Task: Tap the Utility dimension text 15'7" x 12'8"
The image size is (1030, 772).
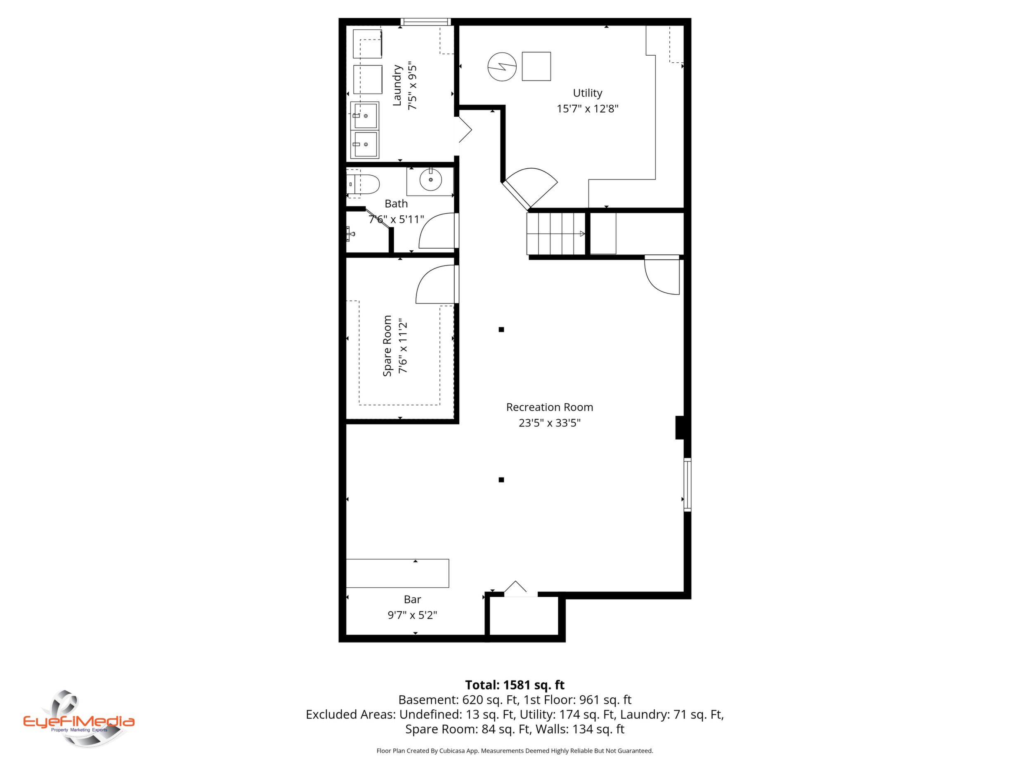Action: [587, 109]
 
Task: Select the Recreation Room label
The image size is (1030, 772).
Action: [550, 407]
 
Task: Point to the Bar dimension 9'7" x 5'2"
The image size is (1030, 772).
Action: [412, 615]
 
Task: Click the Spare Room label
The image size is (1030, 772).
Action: [387, 346]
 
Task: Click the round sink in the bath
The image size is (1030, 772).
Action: [430, 180]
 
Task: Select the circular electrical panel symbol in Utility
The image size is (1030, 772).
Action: [502, 66]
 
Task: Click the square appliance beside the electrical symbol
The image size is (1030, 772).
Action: [536, 66]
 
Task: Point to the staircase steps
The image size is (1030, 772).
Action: [556, 233]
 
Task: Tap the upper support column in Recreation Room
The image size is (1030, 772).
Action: [501, 330]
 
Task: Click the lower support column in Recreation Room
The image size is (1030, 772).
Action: [501, 480]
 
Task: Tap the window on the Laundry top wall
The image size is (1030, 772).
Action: [425, 21]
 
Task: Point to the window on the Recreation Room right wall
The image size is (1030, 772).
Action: [687, 485]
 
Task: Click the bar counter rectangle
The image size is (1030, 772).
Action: [398, 573]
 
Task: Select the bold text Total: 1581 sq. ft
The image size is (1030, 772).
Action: [515, 685]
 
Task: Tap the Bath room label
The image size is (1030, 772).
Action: [396, 204]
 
